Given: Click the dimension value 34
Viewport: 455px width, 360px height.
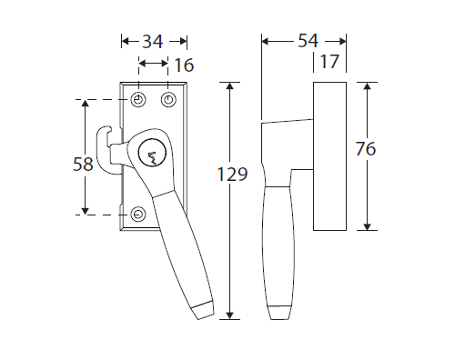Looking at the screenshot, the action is tap(153, 42).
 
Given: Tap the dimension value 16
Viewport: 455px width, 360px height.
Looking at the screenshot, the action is tap(184, 65).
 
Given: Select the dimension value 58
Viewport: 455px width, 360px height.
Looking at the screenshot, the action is tap(83, 165).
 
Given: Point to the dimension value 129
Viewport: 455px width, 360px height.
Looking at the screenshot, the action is tap(233, 175).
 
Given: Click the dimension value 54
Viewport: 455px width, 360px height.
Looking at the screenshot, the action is tap(308, 41).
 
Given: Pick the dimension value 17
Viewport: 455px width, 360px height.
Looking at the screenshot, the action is tap(329, 62).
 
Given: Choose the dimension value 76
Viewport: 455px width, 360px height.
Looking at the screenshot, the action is tap(366, 149).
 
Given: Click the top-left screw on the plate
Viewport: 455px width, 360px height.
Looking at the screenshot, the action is tap(138, 100).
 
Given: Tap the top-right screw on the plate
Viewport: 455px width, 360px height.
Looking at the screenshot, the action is tap(168, 100).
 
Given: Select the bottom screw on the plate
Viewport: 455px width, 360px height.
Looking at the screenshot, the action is tap(138, 215).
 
